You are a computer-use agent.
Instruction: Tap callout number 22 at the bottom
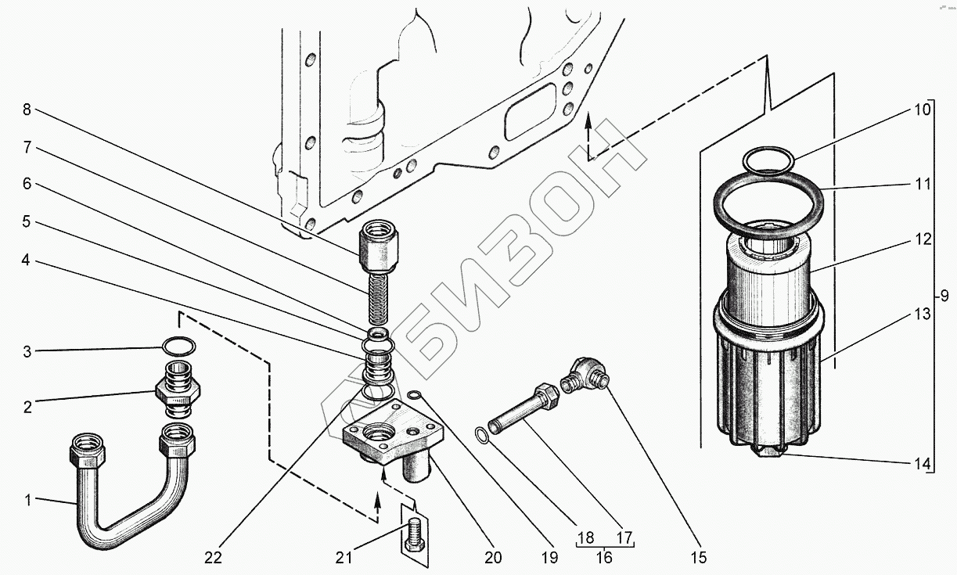[x=213, y=558]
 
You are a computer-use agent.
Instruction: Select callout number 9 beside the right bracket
[x=944, y=296]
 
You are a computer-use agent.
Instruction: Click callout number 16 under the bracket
[x=603, y=557]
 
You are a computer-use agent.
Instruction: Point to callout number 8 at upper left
[x=27, y=110]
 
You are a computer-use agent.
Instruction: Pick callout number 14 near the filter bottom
[x=923, y=463]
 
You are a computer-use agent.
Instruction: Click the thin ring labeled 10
[x=768, y=160]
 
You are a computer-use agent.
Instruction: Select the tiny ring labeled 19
[x=416, y=394]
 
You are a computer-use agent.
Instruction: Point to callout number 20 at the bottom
[x=492, y=558]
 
